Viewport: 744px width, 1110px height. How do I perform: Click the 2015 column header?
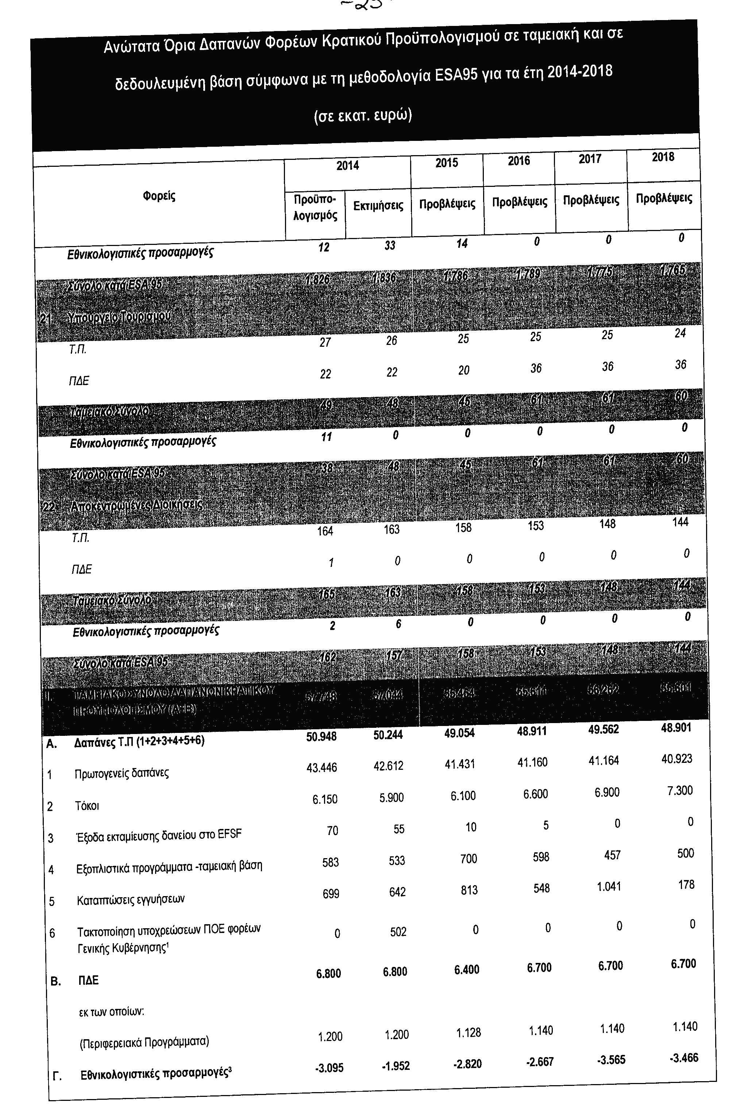[447, 163]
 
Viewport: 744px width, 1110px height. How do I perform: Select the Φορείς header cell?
[159, 196]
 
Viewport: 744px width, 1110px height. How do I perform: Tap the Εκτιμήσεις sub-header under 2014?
[378, 206]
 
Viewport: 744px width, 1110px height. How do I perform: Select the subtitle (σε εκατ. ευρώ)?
[363, 116]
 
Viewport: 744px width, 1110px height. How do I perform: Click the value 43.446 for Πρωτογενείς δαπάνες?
[322, 767]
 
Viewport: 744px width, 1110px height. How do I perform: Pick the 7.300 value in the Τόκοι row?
[679, 790]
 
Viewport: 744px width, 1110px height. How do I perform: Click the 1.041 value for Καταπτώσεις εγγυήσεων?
[609, 887]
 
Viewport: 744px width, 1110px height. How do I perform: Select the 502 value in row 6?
[398, 932]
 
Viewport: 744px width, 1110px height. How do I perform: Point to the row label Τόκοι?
[87, 805]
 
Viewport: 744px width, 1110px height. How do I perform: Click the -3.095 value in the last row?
[329, 1067]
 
